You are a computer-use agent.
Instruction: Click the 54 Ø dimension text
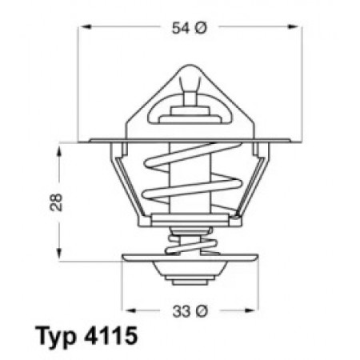click(x=189, y=28)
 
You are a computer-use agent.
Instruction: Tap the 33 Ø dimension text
click(x=190, y=311)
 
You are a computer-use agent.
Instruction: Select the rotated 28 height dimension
click(x=56, y=202)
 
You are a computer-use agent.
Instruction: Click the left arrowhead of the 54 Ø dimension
click(x=86, y=26)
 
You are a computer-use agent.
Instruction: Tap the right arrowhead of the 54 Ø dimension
click(x=294, y=26)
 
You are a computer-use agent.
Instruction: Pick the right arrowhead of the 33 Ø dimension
click(x=250, y=310)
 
